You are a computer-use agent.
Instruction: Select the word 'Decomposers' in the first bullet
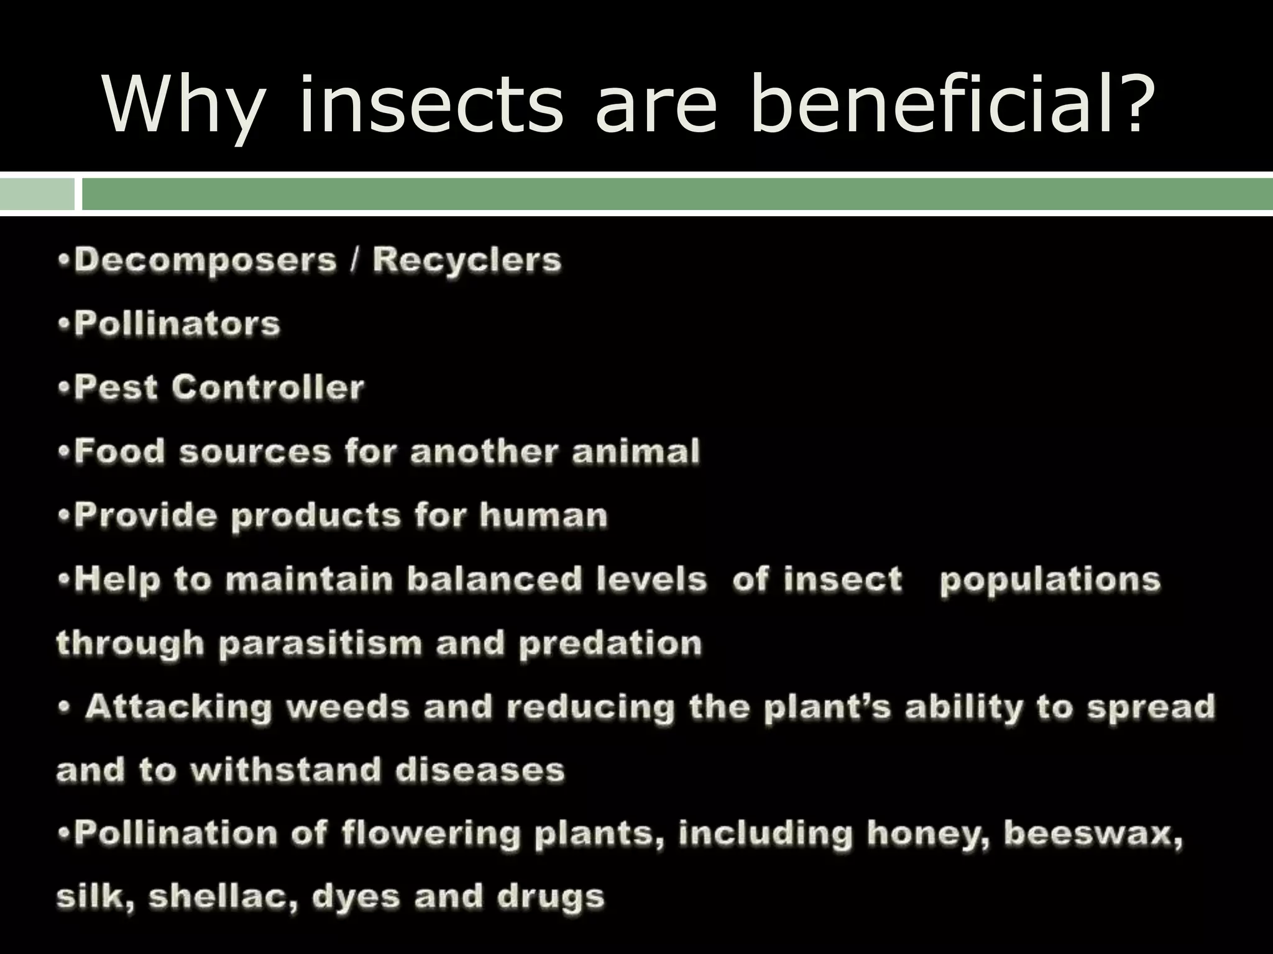pos(205,261)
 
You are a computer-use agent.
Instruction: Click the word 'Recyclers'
pos(467,260)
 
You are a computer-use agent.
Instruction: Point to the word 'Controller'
pos(268,388)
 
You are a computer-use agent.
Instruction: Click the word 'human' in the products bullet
pos(543,516)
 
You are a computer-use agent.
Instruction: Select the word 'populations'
pos(1050,581)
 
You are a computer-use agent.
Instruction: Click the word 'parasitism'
pos(319,643)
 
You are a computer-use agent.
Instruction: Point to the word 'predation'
pos(610,643)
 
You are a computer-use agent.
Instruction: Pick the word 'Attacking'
pos(178,708)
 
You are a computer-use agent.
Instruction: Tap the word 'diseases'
pos(479,770)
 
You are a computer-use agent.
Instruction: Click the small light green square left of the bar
pos(37,194)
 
